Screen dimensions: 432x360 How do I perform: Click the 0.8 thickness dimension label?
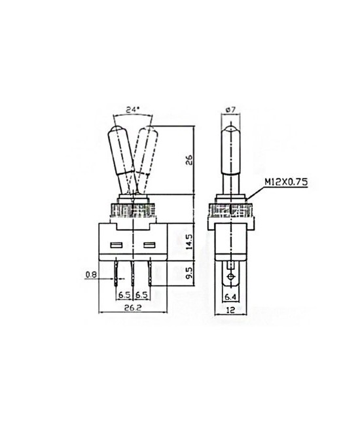[91, 276]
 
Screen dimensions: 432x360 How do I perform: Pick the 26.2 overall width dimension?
[133, 306]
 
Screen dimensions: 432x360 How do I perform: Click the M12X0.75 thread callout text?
[286, 183]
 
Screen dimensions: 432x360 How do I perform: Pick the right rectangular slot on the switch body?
[149, 247]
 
